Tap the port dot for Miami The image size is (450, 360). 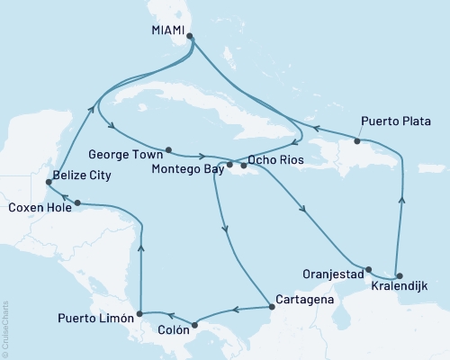pos(189,37)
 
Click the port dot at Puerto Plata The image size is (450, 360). pos(357,141)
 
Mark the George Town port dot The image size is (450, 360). pos(168,149)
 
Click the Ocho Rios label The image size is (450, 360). pos(274,160)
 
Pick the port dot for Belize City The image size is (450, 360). pos(47,183)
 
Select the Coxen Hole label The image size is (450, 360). pos(36,207)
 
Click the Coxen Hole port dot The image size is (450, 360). pos(77,202)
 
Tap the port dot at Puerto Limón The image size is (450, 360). pos(139,315)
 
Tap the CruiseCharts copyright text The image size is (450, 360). pos(5,328)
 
